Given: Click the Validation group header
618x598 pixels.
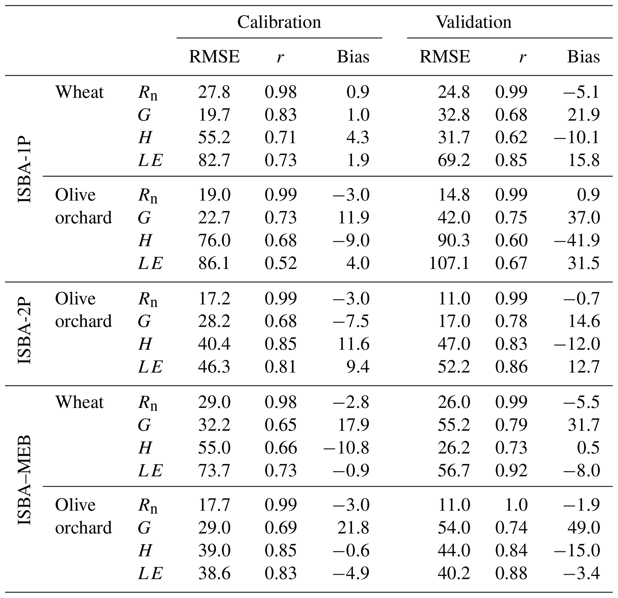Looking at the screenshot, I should pyautogui.click(x=473, y=22).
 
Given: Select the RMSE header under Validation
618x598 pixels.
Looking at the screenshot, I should pyautogui.click(x=445, y=57).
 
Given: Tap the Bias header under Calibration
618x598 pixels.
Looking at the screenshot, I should pyautogui.click(x=353, y=57).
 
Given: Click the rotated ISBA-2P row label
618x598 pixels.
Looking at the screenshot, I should pyautogui.click(x=25, y=330).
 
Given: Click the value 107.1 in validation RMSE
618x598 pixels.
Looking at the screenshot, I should pyautogui.click(x=449, y=263).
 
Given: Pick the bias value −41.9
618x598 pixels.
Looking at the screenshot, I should pyautogui.click(x=577, y=240).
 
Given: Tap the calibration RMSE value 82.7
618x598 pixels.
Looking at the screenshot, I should pyautogui.click(x=214, y=160).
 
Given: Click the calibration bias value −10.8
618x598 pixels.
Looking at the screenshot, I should pyautogui.click(x=346, y=448).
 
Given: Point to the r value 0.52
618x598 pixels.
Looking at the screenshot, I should pyautogui.click(x=281, y=263).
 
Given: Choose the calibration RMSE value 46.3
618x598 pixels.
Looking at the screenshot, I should pyautogui.click(x=214, y=367).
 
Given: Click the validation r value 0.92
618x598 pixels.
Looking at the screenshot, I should pyautogui.click(x=511, y=471).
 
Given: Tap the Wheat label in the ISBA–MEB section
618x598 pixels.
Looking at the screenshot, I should pyautogui.click(x=79, y=402).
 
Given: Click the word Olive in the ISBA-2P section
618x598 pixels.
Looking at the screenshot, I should pyautogui.click(x=75, y=298).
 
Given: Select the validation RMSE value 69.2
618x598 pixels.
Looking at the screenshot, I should pyautogui.click(x=454, y=160).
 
